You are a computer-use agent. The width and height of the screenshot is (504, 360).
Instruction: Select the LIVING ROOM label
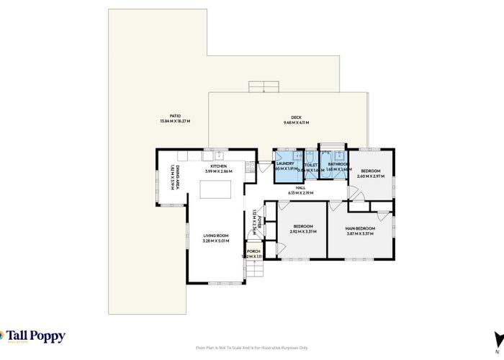[215, 235]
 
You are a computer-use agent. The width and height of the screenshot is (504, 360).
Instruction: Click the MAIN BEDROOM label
[361, 228]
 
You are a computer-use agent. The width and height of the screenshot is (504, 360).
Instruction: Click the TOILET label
[310, 164]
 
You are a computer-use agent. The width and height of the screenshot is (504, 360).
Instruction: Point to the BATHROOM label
[337, 164]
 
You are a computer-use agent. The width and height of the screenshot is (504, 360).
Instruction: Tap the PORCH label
[253, 251]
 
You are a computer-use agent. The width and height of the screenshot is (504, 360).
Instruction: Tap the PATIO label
[175, 116]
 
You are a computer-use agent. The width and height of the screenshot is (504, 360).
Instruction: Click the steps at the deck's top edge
[263, 87]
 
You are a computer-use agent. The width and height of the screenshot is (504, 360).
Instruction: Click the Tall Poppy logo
[34, 336]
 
